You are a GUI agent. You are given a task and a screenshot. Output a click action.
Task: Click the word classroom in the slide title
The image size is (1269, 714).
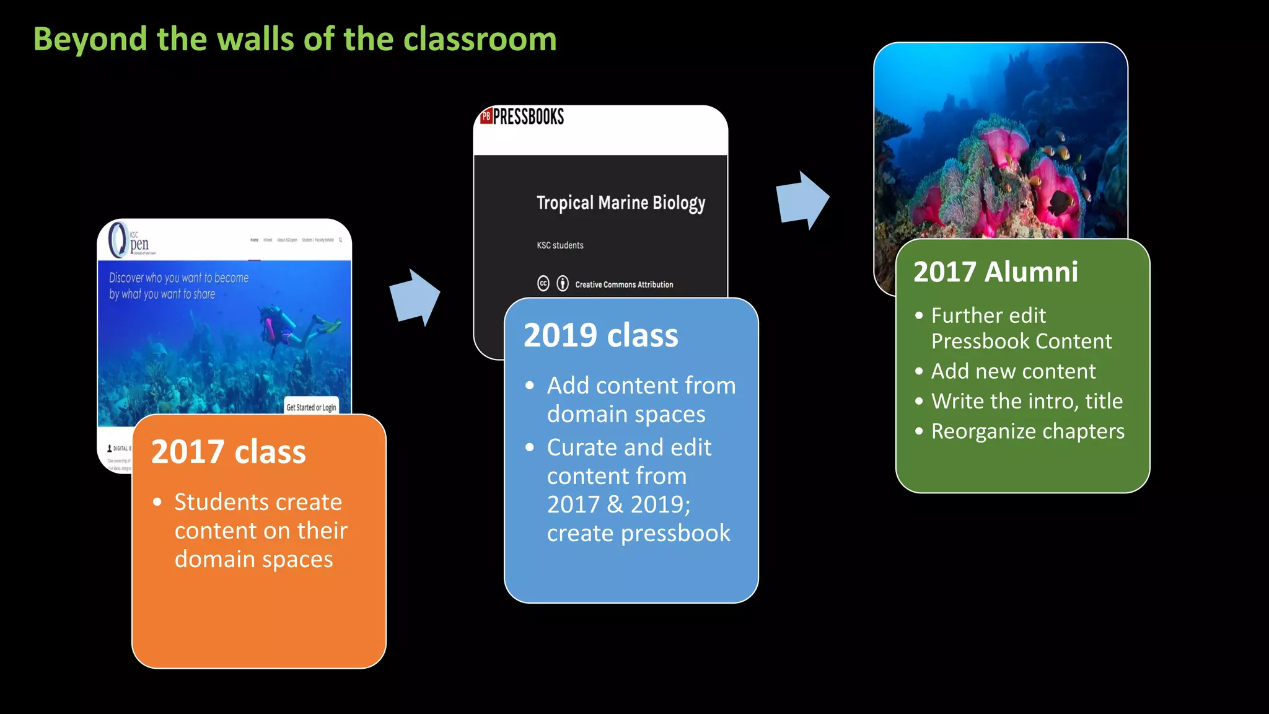click(x=480, y=40)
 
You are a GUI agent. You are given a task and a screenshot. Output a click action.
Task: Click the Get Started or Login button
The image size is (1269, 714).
click(x=311, y=407)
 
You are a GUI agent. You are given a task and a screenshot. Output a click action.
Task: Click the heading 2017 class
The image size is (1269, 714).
click(x=229, y=451)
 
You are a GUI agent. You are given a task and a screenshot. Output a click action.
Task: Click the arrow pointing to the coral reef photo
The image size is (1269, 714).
click(x=802, y=200)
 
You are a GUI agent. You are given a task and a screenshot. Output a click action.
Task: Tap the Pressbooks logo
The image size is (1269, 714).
click(x=522, y=117)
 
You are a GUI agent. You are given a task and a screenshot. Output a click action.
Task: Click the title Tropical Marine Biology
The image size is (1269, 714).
click(x=620, y=203)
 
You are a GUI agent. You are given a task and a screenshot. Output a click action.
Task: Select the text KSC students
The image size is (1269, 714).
click(x=560, y=245)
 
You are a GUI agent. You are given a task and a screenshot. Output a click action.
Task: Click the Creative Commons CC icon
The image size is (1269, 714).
click(x=543, y=284)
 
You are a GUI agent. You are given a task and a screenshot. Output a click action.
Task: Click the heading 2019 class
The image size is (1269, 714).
click(x=600, y=335)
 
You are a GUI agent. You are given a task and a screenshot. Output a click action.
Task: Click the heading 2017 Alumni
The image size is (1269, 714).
click(x=995, y=271)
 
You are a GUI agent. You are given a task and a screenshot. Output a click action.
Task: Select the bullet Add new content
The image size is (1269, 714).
click(x=1013, y=371)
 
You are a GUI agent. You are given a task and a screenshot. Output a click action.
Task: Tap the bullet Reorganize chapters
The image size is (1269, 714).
click(x=1027, y=431)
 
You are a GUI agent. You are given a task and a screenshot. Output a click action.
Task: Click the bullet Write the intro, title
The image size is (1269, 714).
click(x=1027, y=401)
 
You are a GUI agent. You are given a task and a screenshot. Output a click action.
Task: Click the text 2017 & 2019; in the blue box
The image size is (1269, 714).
click(x=618, y=504)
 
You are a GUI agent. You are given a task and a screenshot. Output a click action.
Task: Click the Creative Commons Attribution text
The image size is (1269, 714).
click(x=623, y=284)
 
